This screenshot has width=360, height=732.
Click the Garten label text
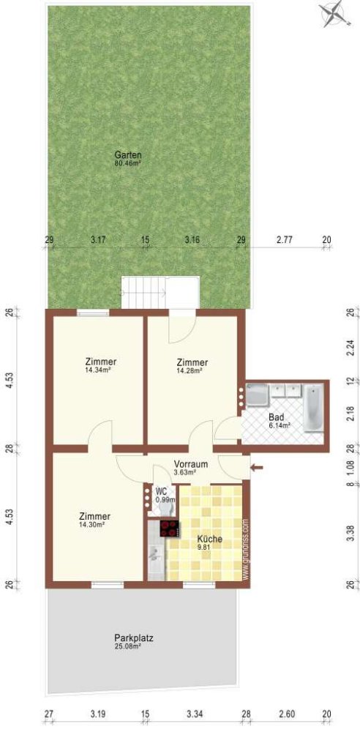coord(127,155)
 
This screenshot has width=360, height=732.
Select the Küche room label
coord(209,538)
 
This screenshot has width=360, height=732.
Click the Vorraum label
coord(191,464)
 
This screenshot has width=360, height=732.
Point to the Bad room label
coord(276,417)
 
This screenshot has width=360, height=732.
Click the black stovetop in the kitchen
coord(169,529)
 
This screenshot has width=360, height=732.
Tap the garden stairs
coord(160,293)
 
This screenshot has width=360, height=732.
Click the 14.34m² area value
coord(101,370)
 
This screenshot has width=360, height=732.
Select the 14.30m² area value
coord(96,524)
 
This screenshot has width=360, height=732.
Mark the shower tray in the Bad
coord(258,396)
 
